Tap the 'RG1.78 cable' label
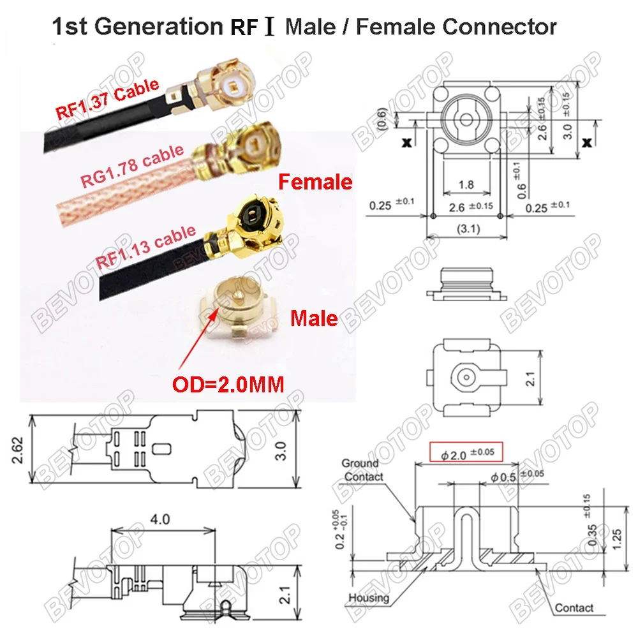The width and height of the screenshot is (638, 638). (131, 165)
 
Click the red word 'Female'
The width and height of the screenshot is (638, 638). (315, 182)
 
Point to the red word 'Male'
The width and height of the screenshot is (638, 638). (314, 317)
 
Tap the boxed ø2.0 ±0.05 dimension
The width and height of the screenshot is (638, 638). (466, 452)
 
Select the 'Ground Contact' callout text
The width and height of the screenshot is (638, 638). (362, 470)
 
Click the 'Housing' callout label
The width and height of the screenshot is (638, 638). (369, 597)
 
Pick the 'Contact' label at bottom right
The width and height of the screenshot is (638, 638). (574, 608)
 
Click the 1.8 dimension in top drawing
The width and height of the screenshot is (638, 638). (466, 185)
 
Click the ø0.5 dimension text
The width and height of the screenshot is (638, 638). (504, 476)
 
